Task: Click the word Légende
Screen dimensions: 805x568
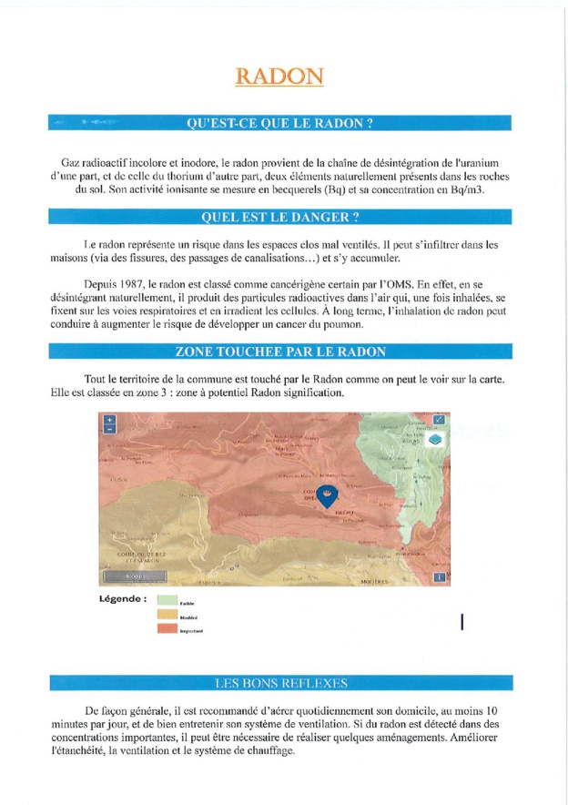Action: pos(122,599)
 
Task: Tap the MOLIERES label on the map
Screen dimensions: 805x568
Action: pos(374,580)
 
